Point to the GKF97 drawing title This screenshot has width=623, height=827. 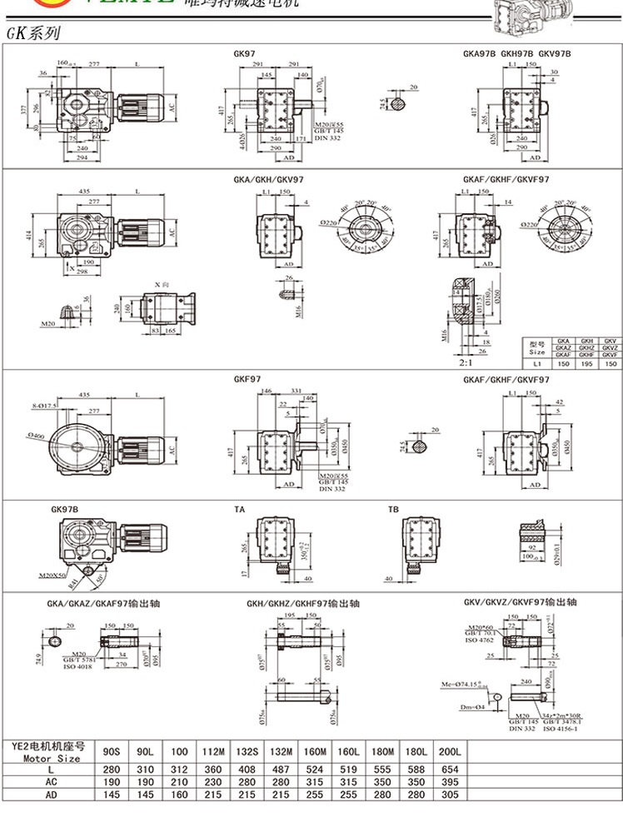247,380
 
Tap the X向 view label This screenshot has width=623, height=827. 162,284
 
